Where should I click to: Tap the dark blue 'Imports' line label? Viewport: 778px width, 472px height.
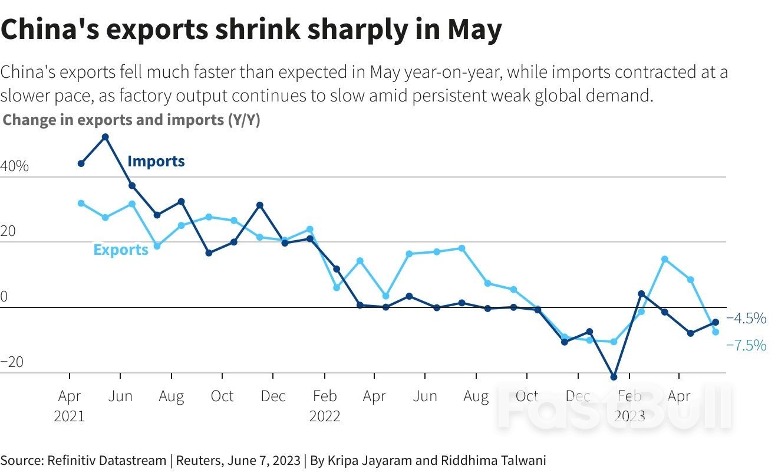pyautogui.click(x=156, y=161)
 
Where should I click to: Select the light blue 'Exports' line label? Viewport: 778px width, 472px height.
pyautogui.click(x=121, y=250)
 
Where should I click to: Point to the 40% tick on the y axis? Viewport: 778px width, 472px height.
pyautogui.click(x=14, y=166)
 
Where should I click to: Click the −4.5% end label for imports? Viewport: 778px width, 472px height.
pyautogui.click(x=747, y=319)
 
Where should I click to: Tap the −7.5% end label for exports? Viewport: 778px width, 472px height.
pyautogui.click(x=747, y=345)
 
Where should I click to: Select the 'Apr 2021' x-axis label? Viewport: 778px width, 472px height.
pyautogui.click(x=70, y=406)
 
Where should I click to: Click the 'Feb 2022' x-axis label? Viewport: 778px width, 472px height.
pyautogui.click(x=325, y=406)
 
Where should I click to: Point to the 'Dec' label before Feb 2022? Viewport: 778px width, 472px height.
pyautogui.click(x=273, y=396)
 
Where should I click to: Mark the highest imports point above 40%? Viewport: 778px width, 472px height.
pyautogui.click(x=106, y=137)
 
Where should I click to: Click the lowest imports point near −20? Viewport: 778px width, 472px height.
pyautogui.click(x=614, y=377)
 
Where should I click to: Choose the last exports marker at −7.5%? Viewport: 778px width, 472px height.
pyautogui.click(x=716, y=332)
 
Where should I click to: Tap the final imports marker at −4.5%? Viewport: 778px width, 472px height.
pyautogui.click(x=716, y=322)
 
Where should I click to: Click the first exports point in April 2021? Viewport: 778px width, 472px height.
pyautogui.click(x=81, y=203)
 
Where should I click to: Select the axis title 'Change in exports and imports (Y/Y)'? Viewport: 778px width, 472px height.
pyautogui.click(x=131, y=120)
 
